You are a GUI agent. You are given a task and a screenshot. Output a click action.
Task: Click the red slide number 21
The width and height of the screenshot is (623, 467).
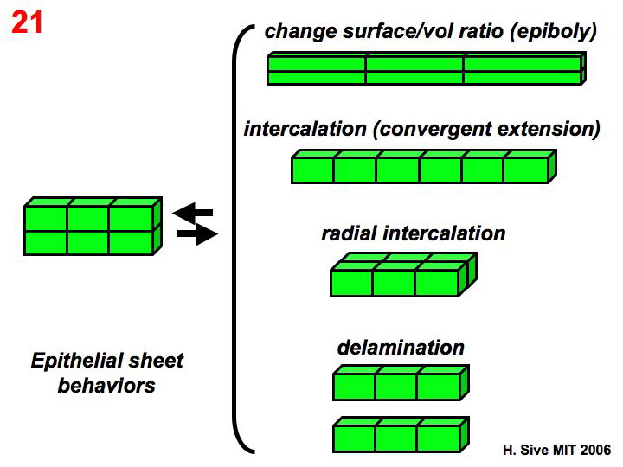click(x=27, y=22)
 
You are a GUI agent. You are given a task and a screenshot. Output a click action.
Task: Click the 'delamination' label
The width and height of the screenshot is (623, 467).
click(x=400, y=348)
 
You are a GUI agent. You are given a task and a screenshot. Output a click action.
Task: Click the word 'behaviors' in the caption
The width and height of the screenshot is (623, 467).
click(x=106, y=385)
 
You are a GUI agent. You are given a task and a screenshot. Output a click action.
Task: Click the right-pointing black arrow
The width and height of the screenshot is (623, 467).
click(x=196, y=233)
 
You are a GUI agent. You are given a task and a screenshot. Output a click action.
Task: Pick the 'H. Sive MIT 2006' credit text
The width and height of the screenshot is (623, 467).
click(x=556, y=451)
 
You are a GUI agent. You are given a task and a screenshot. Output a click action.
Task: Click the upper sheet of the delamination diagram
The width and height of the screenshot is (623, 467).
click(x=399, y=383)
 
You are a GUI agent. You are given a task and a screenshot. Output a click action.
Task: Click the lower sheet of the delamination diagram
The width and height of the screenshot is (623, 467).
click(x=399, y=437)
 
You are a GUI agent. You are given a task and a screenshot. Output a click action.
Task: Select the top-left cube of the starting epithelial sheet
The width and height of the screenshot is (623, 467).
click(x=46, y=218)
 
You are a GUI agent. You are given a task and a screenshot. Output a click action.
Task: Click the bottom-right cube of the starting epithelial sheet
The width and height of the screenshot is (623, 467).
click(x=130, y=243)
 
